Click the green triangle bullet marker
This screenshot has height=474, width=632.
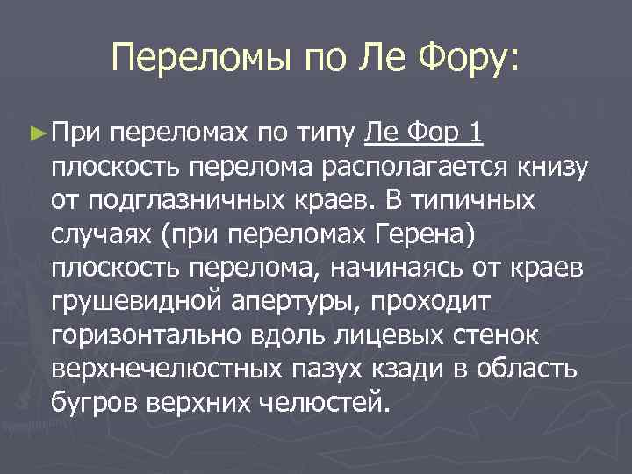point(36,133)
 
